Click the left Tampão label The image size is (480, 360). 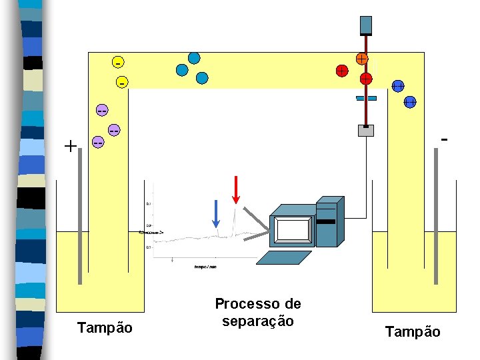[x=105, y=328]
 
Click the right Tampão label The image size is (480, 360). [x=413, y=331]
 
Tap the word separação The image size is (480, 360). [x=257, y=321]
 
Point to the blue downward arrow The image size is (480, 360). [x=215, y=213]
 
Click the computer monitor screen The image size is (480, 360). [x=293, y=229]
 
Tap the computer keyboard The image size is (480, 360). [x=285, y=257]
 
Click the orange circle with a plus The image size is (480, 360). [x=361, y=59]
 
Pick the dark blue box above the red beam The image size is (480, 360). [x=365, y=25]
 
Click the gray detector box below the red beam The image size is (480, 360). [x=365, y=131]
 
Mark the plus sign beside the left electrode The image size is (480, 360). [x=70, y=145]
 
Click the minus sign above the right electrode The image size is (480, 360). [x=444, y=139]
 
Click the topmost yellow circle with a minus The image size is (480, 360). [x=117, y=63]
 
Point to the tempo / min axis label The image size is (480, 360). [x=205, y=266]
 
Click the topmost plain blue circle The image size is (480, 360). [x=194, y=58]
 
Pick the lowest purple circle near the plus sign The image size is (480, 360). [x=98, y=143]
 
